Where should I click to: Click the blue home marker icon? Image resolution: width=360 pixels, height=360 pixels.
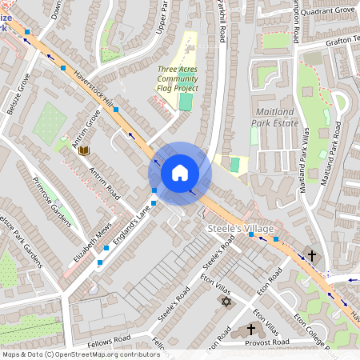(180, 173)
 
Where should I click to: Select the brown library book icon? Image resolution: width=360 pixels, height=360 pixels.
(83, 150)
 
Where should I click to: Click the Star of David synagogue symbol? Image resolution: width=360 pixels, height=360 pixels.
(225, 301)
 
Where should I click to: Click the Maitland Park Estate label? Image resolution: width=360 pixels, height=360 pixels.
(276, 117)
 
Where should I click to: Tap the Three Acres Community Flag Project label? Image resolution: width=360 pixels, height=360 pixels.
(177, 79)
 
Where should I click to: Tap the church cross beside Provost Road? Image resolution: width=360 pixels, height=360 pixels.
(250, 329)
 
